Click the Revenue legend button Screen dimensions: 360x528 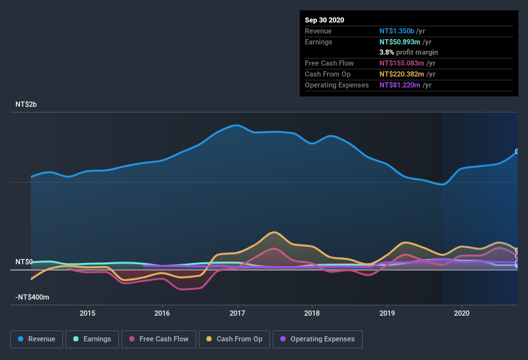[x=37, y=339]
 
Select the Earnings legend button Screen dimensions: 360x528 [x=92, y=339]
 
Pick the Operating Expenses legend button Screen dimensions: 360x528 [x=317, y=339]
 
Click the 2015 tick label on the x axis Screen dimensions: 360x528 [x=87, y=313]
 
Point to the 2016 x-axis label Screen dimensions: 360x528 [x=162, y=313]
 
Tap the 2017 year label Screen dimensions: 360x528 [x=237, y=313]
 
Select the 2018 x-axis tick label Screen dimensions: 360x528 [x=312, y=313]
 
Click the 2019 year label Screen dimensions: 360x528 [x=387, y=313]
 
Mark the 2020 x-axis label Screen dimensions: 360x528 [x=462, y=313]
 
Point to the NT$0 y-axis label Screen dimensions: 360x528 [x=24, y=262]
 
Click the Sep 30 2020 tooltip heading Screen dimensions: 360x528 [x=325, y=20]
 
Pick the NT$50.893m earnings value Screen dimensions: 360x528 [x=400, y=42]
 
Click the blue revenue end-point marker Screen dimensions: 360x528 [x=517, y=152]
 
